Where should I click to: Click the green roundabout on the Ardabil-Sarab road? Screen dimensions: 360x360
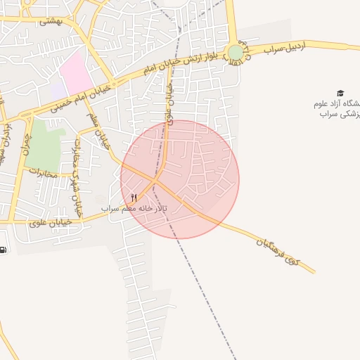(236, 53)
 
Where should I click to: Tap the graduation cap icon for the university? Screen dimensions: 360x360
(340, 93)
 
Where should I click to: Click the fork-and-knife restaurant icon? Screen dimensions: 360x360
(134, 198)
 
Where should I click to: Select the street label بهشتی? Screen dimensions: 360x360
(50, 21)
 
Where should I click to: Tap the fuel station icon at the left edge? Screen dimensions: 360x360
(3, 249)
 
